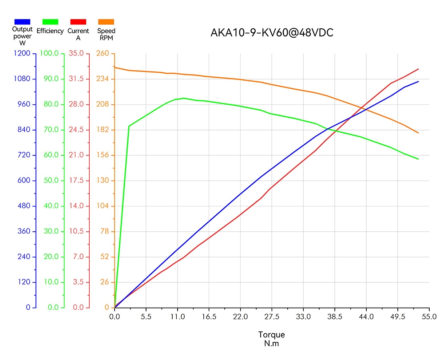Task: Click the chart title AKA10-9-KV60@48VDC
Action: point(272,33)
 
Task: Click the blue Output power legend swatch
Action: point(22,21)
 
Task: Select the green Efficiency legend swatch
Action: point(50,21)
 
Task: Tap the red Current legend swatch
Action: point(78,21)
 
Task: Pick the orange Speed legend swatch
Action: point(106,21)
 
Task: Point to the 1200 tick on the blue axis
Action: point(22,54)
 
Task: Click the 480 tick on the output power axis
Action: point(24,206)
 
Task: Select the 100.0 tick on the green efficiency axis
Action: point(49,54)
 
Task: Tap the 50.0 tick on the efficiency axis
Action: point(51,181)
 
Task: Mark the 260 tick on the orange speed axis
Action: point(103,54)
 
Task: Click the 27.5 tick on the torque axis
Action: point(272,316)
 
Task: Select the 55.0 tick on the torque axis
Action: point(429,316)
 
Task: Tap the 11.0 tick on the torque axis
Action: point(178,316)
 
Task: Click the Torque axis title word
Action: point(271,335)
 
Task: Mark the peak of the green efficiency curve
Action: point(183,98)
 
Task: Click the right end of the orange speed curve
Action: point(419,133)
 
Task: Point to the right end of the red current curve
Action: point(419,69)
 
